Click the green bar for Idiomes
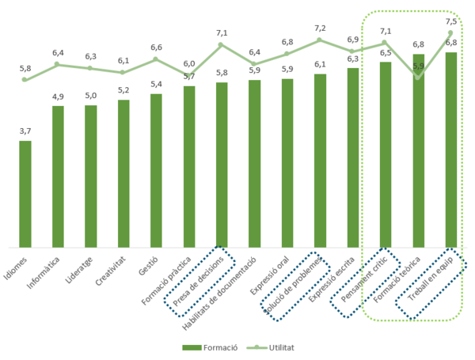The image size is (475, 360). [25, 194]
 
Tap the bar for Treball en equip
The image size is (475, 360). [450, 150]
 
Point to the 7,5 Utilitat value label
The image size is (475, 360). [451, 21]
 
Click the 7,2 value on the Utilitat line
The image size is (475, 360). [320, 28]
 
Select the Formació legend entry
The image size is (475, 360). [209, 347]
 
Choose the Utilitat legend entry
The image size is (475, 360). [274, 347]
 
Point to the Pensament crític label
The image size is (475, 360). [363, 282]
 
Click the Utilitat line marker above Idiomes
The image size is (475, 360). [25, 80]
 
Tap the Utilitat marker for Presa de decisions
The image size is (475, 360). [222, 44]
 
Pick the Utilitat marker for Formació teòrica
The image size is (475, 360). [417, 76]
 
